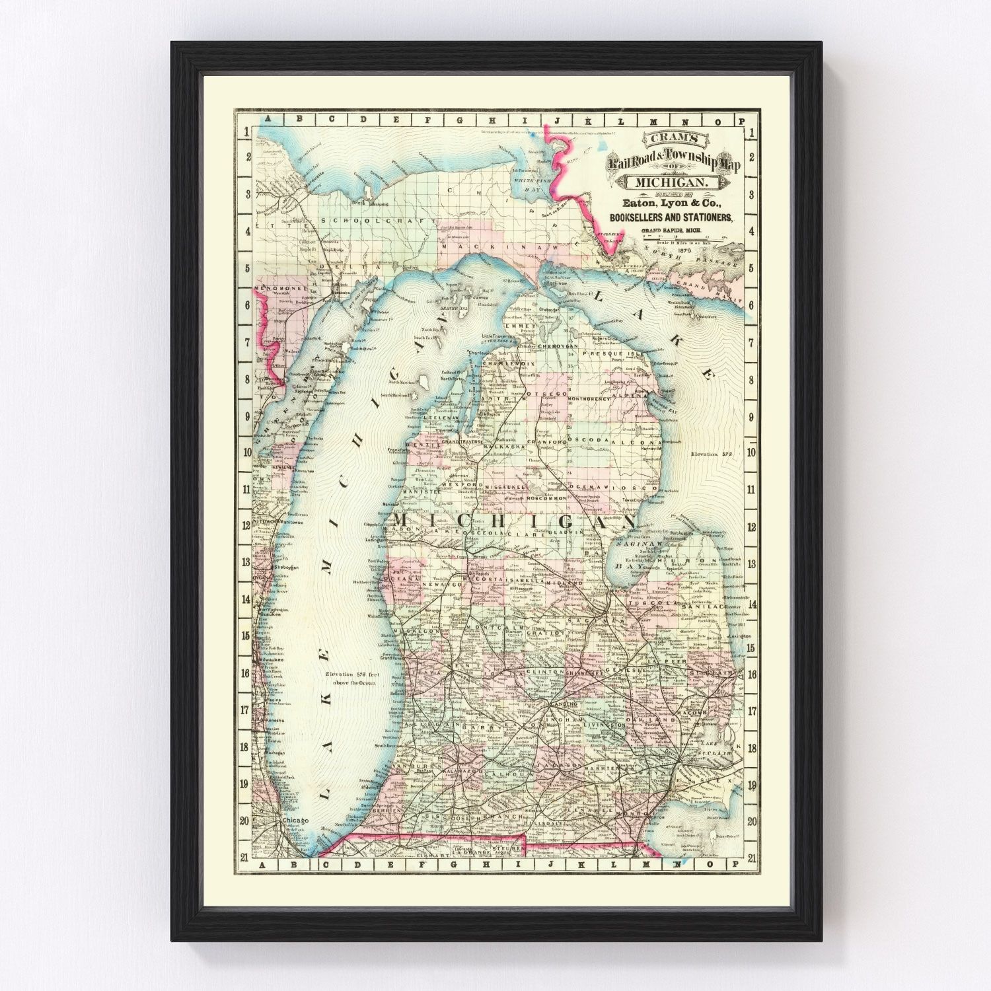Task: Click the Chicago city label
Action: tap(295, 821)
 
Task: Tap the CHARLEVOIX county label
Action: tap(505, 363)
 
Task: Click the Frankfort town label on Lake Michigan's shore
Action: tap(398, 450)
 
